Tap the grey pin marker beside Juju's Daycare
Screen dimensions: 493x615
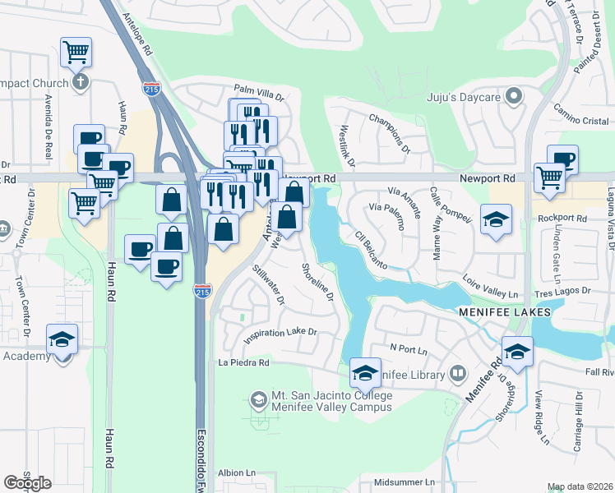point(515,98)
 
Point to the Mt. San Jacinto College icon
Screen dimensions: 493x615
point(258,400)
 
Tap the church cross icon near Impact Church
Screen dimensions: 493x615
point(80,81)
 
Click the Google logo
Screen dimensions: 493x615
point(27,483)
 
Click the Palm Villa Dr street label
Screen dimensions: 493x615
point(258,90)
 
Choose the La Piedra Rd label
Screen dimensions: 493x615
point(243,362)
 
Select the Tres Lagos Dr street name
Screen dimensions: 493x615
point(563,291)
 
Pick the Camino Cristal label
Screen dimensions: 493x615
point(580,121)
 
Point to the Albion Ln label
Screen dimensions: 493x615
point(237,473)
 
